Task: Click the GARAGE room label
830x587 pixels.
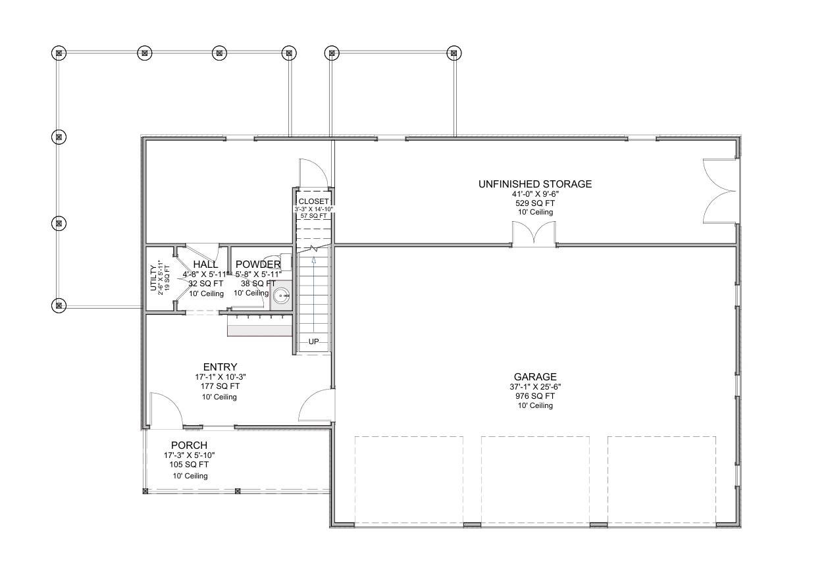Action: [x=535, y=377]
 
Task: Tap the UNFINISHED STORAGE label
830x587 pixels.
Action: [x=535, y=184]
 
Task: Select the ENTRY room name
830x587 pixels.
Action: [x=220, y=367]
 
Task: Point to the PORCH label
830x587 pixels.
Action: [x=189, y=446]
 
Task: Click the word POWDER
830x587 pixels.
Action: [x=258, y=265]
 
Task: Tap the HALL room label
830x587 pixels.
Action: [x=205, y=265]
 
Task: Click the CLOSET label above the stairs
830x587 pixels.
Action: [x=313, y=201]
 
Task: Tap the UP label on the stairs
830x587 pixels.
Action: [x=313, y=342]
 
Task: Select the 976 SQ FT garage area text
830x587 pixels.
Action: [x=535, y=396]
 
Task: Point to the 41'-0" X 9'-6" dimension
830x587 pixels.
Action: [x=535, y=195]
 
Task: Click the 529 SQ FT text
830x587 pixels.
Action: [x=535, y=203]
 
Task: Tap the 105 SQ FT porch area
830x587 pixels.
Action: [x=189, y=464]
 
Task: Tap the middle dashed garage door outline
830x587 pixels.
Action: [x=535, y=479]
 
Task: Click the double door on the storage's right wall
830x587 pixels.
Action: [x=720, y=191]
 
